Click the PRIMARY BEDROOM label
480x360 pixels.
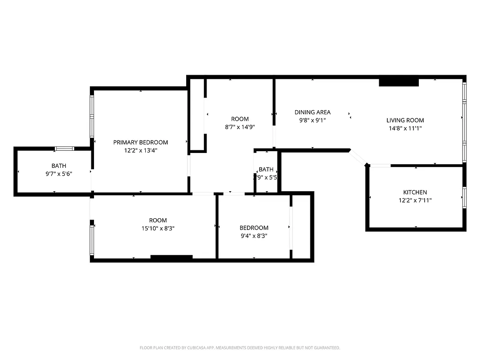pyautogui.click(x=140, y=142)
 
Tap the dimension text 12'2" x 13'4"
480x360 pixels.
pyautogui.click(x=140, y=151)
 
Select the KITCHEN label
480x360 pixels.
pyautogui.click(x=415, y=192)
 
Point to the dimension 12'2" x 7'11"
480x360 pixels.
pyautogui.click(x=415, y=201)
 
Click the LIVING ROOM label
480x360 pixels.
pyautogui.click(x=405, y=120)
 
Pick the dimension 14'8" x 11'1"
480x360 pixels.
pyautogui.click(x=405, y=128)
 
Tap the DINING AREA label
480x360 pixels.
pyautogui.click(x=312, y=112)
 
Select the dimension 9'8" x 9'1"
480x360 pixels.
pyautogui.click(x=312, y=120)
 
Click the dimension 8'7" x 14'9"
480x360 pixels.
pyautogui.click(x=240, y=127)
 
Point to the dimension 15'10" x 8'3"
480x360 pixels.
pyautogui.click(x=158, y=229)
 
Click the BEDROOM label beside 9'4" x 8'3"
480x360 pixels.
pyautogui.click(x=254, y=228)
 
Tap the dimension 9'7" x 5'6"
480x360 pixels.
pyautogui.click(x=58, y=174)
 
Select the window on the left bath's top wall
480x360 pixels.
pyautogui.click(x=64, y=148)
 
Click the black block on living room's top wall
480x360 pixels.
pyautogui.click(x=399, y=82)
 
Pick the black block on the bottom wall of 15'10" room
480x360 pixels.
pyautogui.click(x=171, y=257)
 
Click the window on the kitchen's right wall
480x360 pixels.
pyautogui.click(x=464, y=197)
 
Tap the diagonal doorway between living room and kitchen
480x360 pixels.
pyautogui.click(x=359, y=157)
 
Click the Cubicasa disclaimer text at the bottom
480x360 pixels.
pyautogui.click(x=240, y=348)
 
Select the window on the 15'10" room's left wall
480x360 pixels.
pyautogui.click(x=92, y=240)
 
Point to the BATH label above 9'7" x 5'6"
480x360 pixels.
pyautogui.click(x=58, y=166)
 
